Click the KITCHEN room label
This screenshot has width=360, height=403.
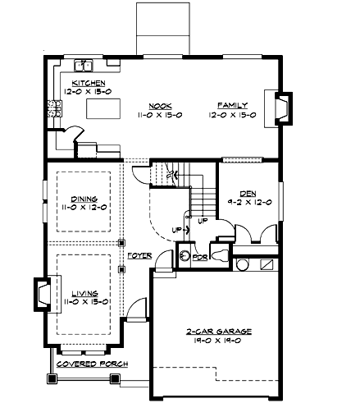[89, 84]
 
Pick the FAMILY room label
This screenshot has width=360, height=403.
[231, 105]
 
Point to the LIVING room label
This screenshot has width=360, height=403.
[84, 292]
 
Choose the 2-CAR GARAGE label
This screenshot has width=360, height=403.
[218, 331]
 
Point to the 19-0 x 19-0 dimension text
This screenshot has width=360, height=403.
[218, 341]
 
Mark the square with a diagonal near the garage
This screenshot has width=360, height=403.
[266, 265]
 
